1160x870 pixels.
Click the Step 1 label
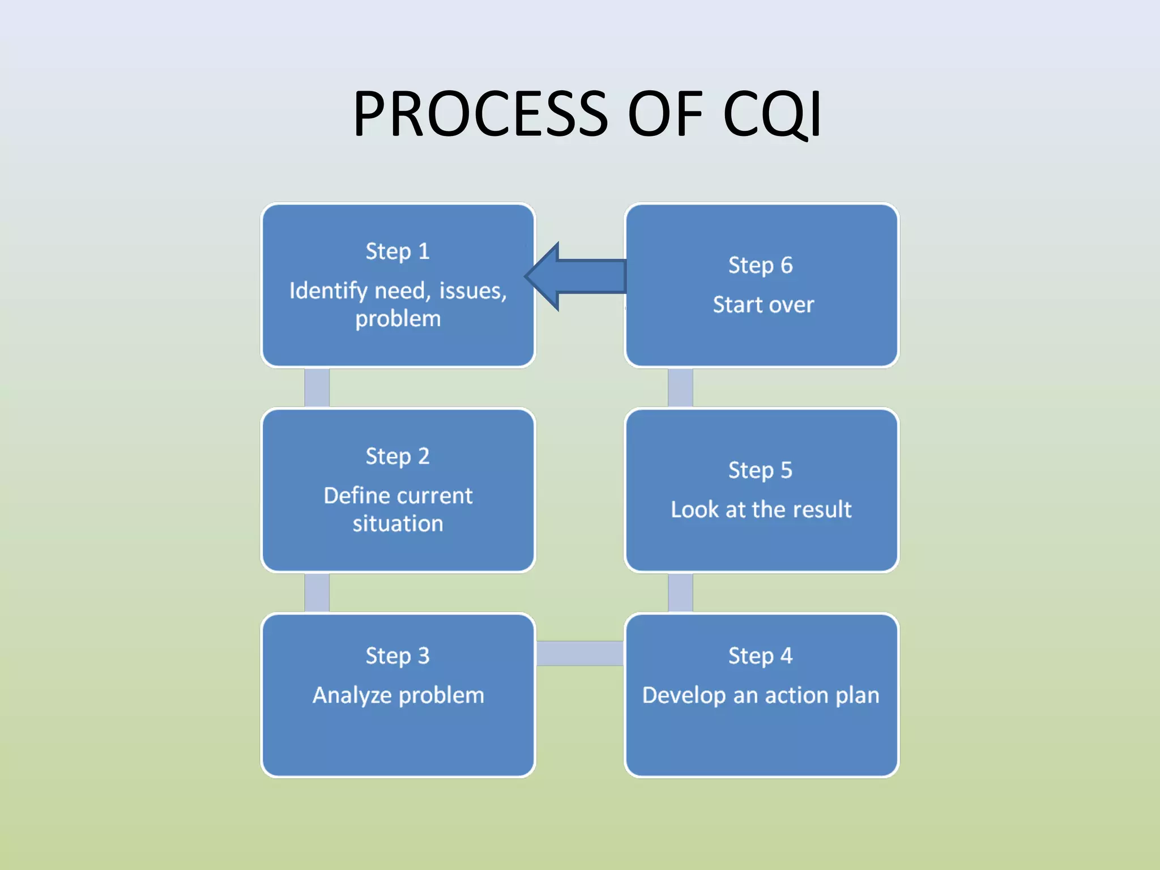pyautogui.click(x=398, y=251)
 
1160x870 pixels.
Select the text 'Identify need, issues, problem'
pyautogui.click(x=398, y=304)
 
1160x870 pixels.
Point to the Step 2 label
pyautogui.click(x=398, y=456)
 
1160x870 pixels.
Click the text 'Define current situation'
pyautogui.click(x=398, y=509)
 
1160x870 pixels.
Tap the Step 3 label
pyautogui.click(x=398, y=656)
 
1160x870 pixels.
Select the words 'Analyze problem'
pyautogui.click(x=398, y=695)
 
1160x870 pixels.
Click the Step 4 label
pyautogui.click(x=760, y=656)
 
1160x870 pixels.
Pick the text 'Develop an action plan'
pyautogui.click(x=761, y=695)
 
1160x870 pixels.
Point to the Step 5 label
pyautogui.click(x=760, y=470)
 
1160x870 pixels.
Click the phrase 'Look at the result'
pyautogui.click(x=761, y=509)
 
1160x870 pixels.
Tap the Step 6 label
pyautogui.click(x=760, y=265)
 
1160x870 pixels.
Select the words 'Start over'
pyautogui.click(x=763, y=305)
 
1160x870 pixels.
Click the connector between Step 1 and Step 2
pyautogui.click(x=317, y=387)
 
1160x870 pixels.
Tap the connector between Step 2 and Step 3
pyautogui.click(x=317, y=592)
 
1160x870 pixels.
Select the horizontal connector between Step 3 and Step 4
pyautogui.click(x=579, y=653)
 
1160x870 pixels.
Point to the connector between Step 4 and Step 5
pyautogui.click(x=680, y=592)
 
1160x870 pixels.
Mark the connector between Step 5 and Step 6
pyautogui.click(x=680, y=387)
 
